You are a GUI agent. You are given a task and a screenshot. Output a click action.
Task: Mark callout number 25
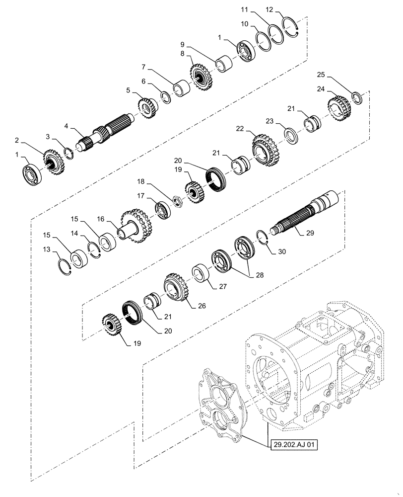[x=322, y=75]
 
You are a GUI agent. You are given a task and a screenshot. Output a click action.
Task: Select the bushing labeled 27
[x=201, y=274]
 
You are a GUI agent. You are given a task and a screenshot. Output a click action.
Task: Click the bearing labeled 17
[x=162, y=208]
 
